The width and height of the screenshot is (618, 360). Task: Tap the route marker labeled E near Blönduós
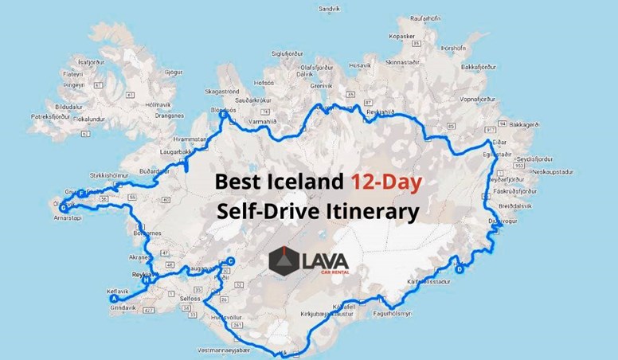(224, 116)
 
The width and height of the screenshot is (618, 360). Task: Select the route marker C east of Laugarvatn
(231, 261)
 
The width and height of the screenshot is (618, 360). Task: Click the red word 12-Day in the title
(387, 182)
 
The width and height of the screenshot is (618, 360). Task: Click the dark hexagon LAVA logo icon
(284, 260)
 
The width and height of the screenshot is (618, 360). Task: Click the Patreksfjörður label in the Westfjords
(52, 116)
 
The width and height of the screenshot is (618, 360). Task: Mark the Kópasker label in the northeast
(398, 37)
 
